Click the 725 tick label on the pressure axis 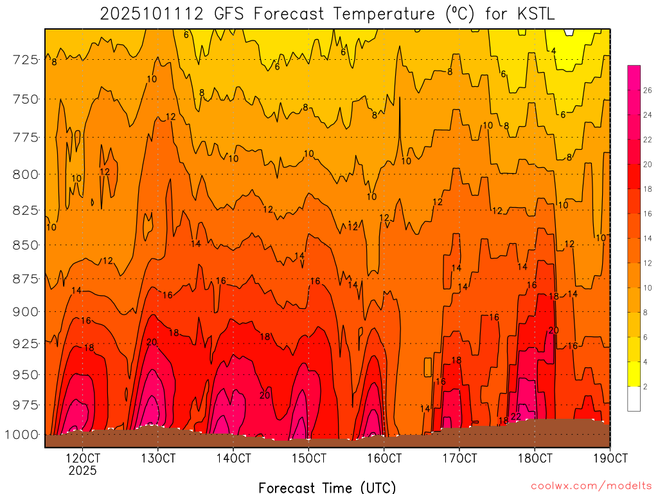[x=24, y=60]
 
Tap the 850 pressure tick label [x=24, y=245]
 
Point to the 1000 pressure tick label [x=21, y=434]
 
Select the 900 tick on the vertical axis [x=24, y=311]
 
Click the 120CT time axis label [x=83, y=459]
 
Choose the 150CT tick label [x=309, y=459]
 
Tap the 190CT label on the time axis [x=610, y=459]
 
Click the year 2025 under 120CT [x=83, y=471]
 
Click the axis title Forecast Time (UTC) [x=327, y=487]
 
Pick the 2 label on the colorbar [x=645, y=387]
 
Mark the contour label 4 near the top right [x=553, y=51]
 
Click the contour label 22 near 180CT [x=516, y=417]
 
